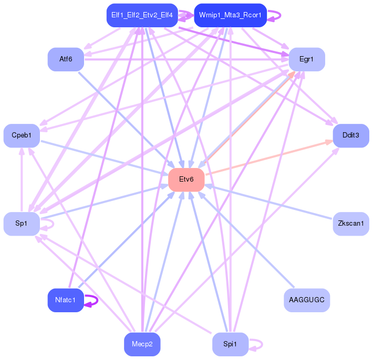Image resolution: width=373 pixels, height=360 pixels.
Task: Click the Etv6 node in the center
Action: click(x=186, y=179)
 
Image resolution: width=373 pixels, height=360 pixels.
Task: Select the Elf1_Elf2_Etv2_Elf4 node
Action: click(x=142, y=15)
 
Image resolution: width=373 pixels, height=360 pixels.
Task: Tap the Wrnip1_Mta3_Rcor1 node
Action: click(x=230, y=15)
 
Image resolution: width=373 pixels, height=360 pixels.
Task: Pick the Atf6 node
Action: click(x=66, y=59)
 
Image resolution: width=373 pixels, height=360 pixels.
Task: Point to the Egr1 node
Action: click(x=306, y=59)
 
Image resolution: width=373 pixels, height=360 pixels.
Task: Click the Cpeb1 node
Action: click(x=22, y=135)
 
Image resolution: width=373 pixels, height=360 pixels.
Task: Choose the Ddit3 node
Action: click(x=350, y=135)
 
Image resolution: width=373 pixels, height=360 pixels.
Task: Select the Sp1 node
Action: click(x=22, y=224)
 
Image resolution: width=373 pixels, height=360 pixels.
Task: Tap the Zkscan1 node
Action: click(x=350, y=224)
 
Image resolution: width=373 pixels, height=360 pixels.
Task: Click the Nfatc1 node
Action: click(x=66, y=300)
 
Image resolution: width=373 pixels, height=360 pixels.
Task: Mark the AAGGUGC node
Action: click(x=306, y=300)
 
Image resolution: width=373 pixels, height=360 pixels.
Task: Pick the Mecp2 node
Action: click(x=142, y=344)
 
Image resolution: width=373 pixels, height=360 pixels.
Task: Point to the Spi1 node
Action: click(x=230, y=344)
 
